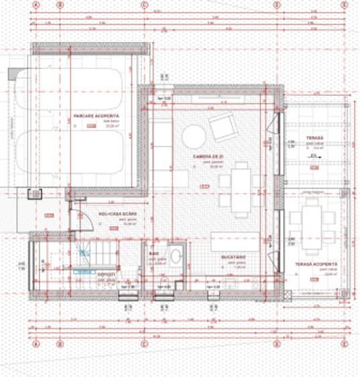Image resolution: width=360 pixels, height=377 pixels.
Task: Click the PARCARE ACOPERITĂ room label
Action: pos(93,116)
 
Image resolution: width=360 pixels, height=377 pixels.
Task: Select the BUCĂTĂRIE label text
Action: pos(235,256)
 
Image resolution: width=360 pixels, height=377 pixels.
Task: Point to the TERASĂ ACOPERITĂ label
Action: pos(316,265)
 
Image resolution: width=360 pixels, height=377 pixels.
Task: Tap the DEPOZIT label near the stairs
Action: pos(106,274)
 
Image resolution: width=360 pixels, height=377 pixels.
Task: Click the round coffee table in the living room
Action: pos(194,136)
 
